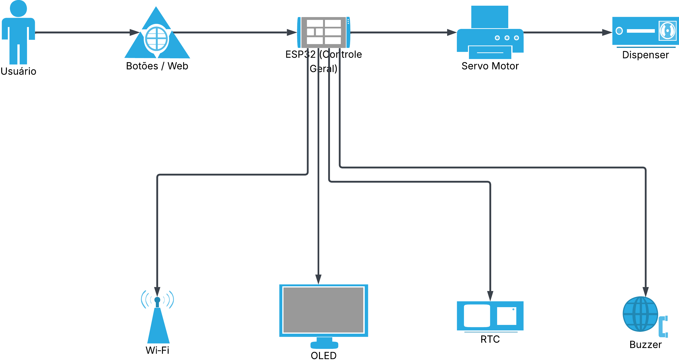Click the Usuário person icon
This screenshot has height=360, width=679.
18,32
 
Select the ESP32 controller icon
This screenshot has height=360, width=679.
324,32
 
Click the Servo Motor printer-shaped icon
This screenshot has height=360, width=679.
490,32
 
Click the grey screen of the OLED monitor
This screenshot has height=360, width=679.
324,310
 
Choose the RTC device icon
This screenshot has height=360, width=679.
490,316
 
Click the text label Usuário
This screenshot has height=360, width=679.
18,71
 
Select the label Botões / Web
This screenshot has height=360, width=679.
157,66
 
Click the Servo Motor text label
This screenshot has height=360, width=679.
490,66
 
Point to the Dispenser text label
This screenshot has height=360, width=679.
646,55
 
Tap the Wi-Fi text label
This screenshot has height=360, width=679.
157,350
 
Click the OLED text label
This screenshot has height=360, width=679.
324,355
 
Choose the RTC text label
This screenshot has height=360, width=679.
490,339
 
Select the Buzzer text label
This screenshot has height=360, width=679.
646,345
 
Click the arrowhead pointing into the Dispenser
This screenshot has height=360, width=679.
607,32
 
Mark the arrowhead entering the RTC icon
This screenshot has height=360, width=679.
490,296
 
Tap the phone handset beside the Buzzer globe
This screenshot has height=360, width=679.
663,327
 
